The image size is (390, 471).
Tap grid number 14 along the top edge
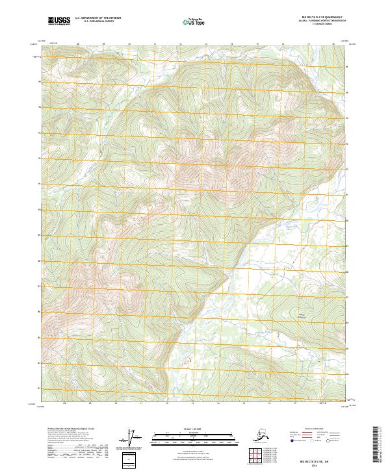(231, 44)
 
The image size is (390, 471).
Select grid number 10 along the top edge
(129, 44)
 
